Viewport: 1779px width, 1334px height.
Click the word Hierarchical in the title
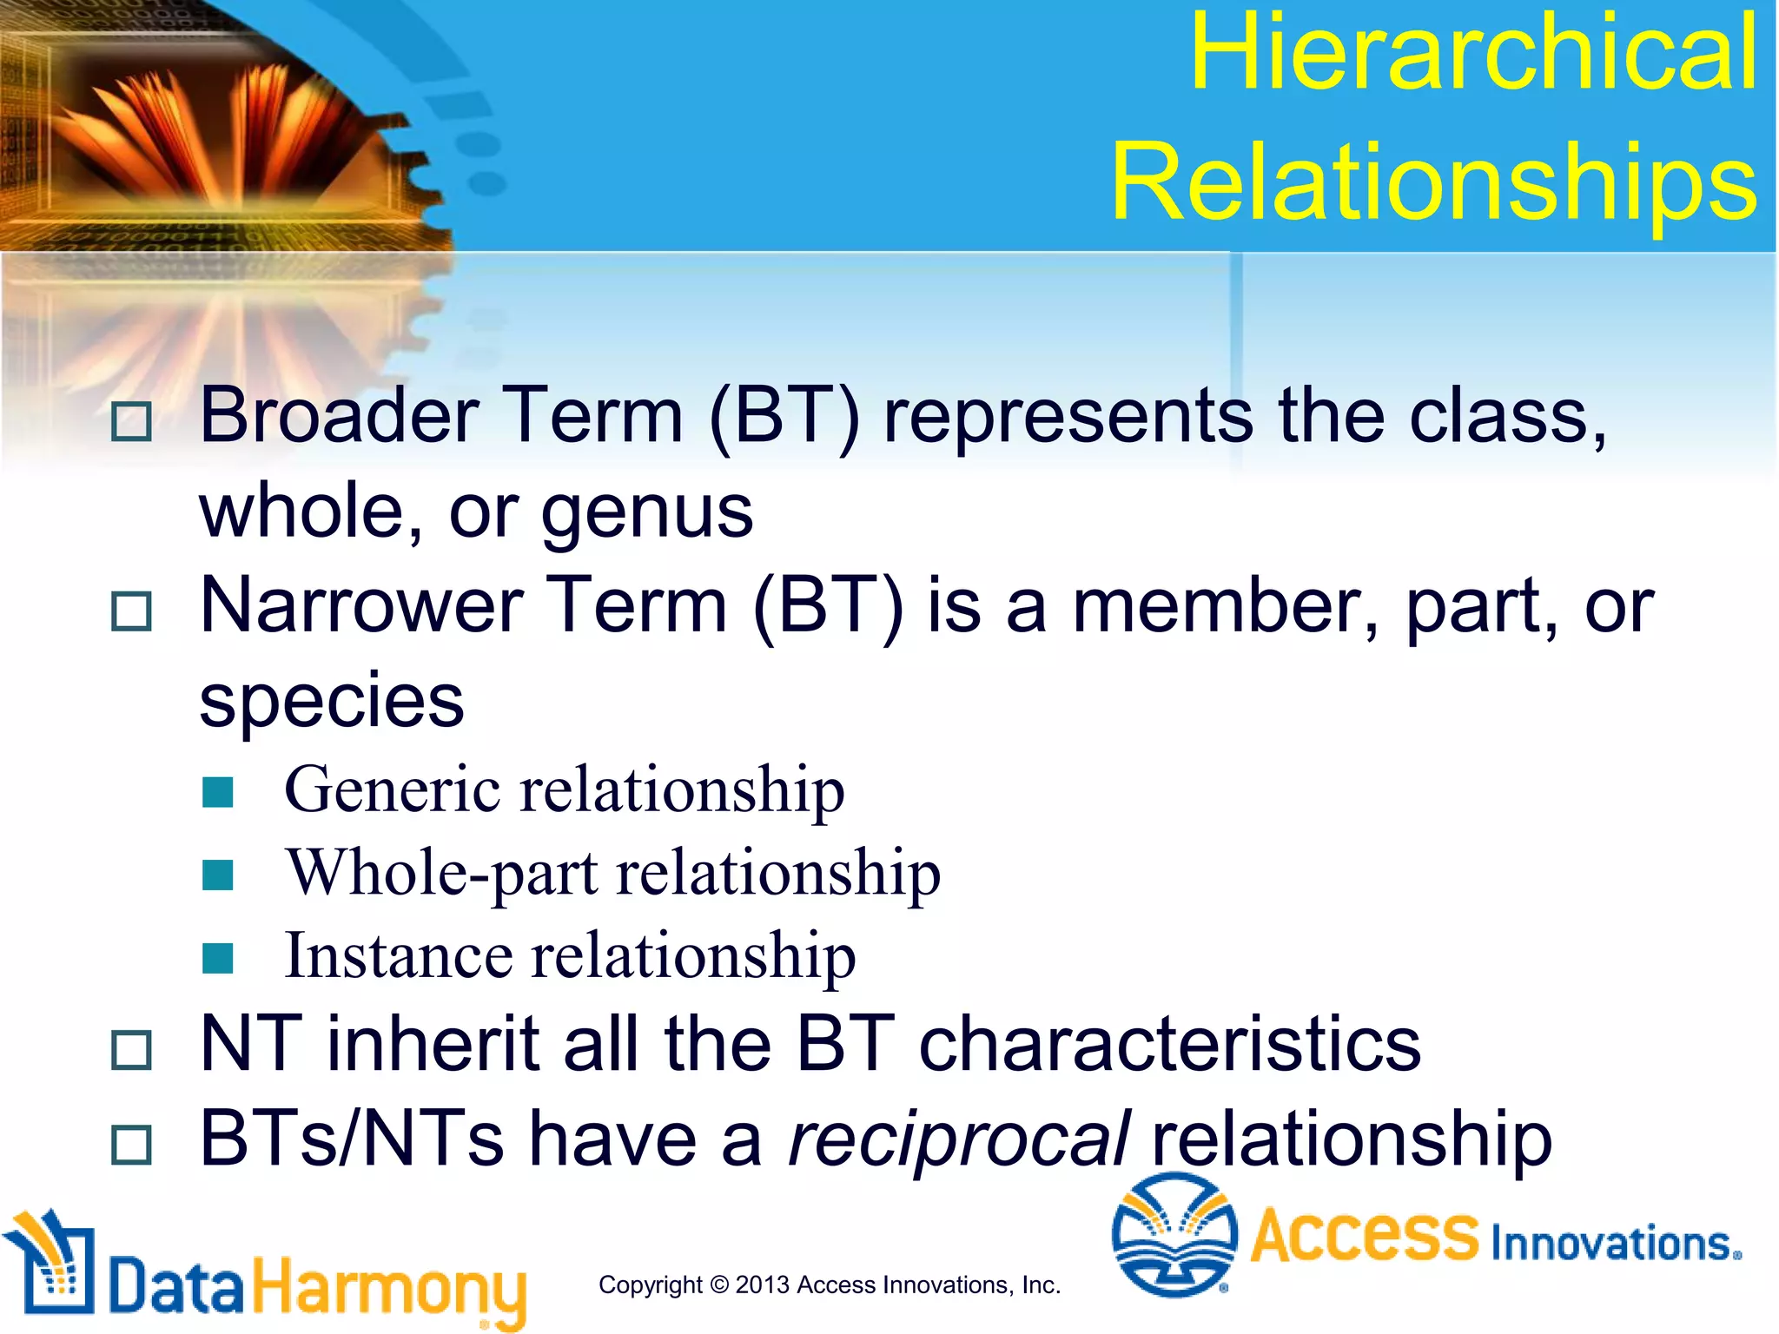coord(1473,54)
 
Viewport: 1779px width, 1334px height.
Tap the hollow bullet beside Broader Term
coord(132,421)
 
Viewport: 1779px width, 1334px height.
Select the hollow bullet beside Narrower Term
coord(132,611)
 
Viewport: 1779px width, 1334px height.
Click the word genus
coord(647,512)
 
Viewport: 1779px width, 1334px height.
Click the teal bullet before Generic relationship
coord(217,792)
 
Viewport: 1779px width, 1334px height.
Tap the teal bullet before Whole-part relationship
coord(217,875)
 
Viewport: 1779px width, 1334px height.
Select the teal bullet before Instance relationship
coord(217,959)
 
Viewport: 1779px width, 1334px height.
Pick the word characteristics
coord(1169,1044)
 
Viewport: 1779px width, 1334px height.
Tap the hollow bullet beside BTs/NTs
coord(132,1144)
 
